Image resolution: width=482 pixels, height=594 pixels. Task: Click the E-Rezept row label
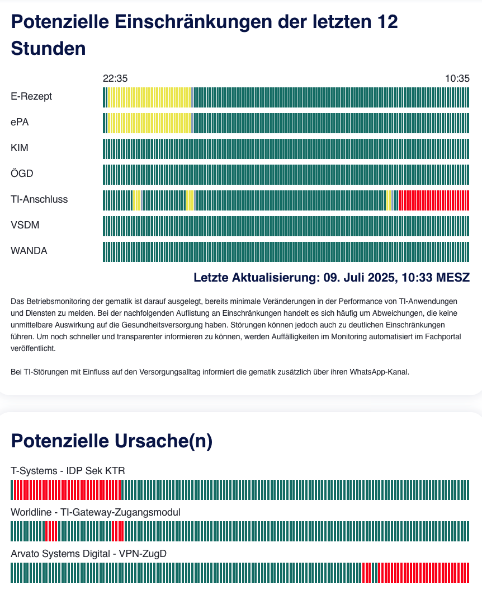pos(31,97)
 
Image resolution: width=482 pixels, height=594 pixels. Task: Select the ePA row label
pos(20,122)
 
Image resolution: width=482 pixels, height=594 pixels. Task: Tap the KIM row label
pos(20,148)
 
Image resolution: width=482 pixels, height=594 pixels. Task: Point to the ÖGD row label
pos(22,173)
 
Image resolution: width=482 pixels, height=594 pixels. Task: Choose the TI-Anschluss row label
pos(39,199)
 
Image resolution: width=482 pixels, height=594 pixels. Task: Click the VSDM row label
pos(25,225)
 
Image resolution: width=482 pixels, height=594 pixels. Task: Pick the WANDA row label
pos(29,251)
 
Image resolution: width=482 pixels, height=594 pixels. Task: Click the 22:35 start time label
pos(115,78)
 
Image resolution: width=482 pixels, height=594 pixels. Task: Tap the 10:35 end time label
pos(457,78)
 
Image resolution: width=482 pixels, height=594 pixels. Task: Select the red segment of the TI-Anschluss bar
pos(433,200)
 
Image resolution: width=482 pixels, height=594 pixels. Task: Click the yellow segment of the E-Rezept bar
pos(149,97)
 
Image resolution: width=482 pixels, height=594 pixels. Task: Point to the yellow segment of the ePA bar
pos(149,123)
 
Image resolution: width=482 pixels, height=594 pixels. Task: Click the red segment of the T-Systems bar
pos(67,490)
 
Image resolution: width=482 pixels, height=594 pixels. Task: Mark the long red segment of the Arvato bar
pos(423,573)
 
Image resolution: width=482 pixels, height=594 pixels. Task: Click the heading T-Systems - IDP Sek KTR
pos(68,471)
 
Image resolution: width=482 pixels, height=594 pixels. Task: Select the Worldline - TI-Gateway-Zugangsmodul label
pos(96,512)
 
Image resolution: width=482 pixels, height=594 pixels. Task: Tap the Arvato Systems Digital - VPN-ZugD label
pos(88,554)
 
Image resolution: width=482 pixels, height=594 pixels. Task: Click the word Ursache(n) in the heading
pos(163,441)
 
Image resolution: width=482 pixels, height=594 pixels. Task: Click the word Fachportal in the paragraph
pos(443,336)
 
